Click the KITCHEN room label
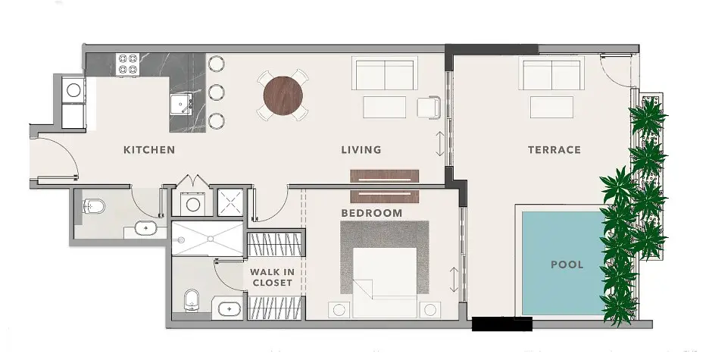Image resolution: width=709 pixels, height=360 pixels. tap(149, 150)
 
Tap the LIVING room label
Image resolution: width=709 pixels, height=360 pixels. tap(361, 150)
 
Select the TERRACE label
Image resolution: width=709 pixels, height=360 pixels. tap(554, 150)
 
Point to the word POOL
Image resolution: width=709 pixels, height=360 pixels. tap(567, 265)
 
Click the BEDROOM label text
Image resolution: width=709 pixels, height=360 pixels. tap(372, 213)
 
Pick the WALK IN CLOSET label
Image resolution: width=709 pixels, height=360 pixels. tap(272, 277)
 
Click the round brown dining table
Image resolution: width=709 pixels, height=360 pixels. tap(283, 96)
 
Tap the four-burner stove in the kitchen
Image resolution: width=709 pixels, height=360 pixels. tap(127, 64)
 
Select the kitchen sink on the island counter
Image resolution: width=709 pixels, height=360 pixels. tap(181, 105)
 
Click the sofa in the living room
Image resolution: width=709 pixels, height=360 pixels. tap(385, 74)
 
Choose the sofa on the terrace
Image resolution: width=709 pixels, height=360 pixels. tap(551, 74)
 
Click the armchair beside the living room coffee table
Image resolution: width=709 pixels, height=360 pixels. tap(429, 108)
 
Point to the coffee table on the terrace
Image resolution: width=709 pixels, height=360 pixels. tap(551, 107)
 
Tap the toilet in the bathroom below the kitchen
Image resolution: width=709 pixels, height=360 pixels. tap(94, 207)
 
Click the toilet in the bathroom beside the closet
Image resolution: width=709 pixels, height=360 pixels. tap(192, 300)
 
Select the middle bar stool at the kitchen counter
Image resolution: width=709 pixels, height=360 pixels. tap(217, 92)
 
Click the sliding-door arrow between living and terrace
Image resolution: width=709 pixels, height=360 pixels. tap(440, 144)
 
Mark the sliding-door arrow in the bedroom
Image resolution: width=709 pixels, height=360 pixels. tap(454, 280)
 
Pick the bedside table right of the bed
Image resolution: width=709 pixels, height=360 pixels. tap(429, 310)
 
